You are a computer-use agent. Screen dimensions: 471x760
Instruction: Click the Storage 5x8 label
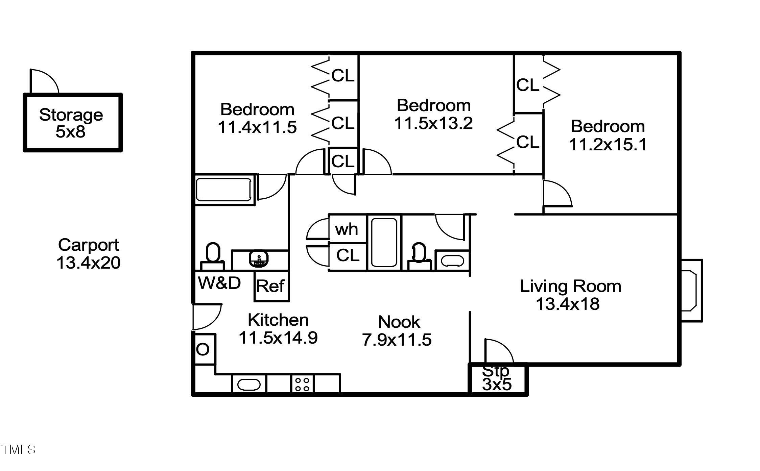[71, 123]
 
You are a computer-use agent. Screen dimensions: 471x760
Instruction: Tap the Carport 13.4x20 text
[88, 254]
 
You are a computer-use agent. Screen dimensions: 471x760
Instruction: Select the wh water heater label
[347, 229]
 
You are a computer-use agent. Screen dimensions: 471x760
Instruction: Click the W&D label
[219, 283]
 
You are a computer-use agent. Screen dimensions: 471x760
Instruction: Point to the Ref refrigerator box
[271, 286]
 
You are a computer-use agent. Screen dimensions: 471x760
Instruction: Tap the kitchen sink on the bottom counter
[249, 385]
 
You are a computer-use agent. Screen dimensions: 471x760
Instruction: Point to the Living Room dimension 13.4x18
[568, 304]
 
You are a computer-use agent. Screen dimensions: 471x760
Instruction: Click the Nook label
[399, 322]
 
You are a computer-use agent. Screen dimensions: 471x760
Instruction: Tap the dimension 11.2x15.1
[608, 145]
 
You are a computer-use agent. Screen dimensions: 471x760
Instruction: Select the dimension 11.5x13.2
[433, 123]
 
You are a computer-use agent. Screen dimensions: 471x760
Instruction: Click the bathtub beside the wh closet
[384, 243]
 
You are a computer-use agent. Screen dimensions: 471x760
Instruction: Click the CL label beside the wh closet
[348, 256]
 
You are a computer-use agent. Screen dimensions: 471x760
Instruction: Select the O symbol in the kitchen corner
[203, 349]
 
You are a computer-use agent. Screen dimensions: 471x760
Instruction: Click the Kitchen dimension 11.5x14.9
[278, 338]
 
